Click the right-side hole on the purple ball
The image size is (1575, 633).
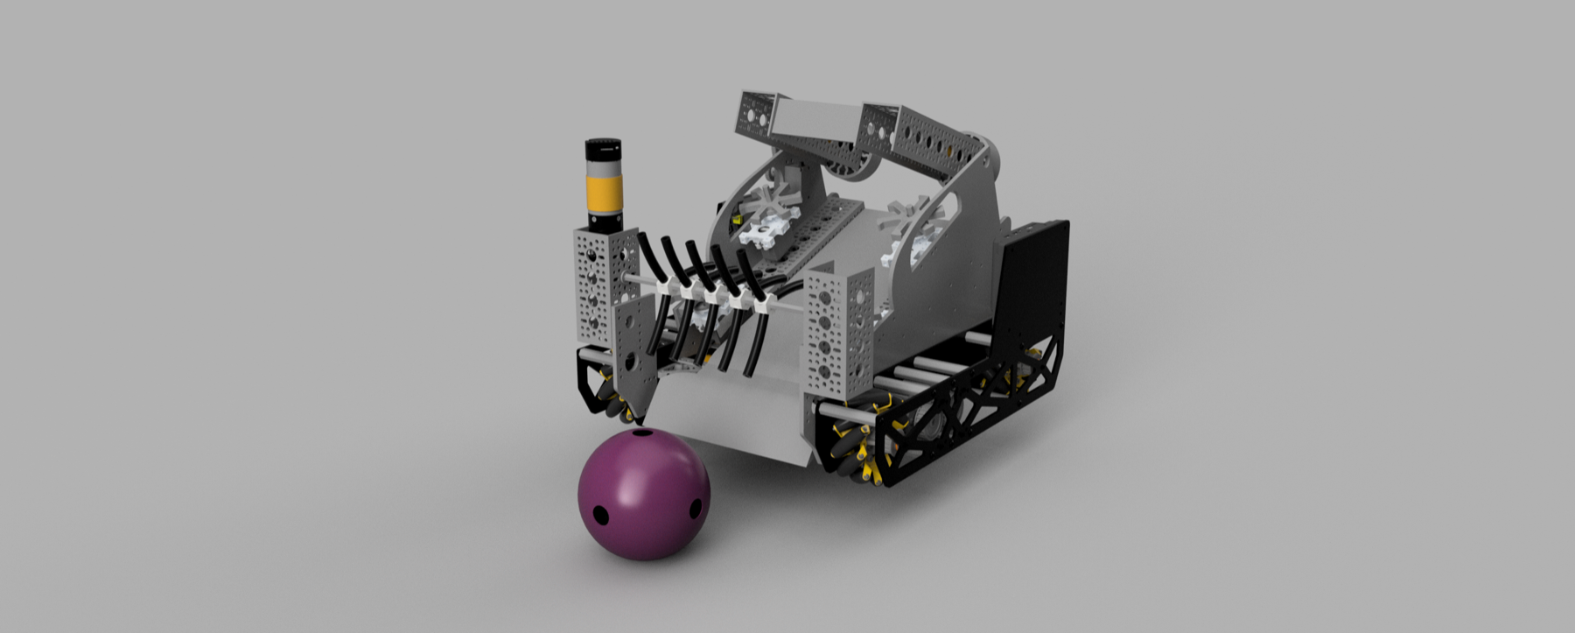(x=696, y=506)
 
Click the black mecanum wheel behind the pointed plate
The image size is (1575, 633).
(x=612, y=403)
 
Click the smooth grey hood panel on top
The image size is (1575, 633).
(x=814, y=118)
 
